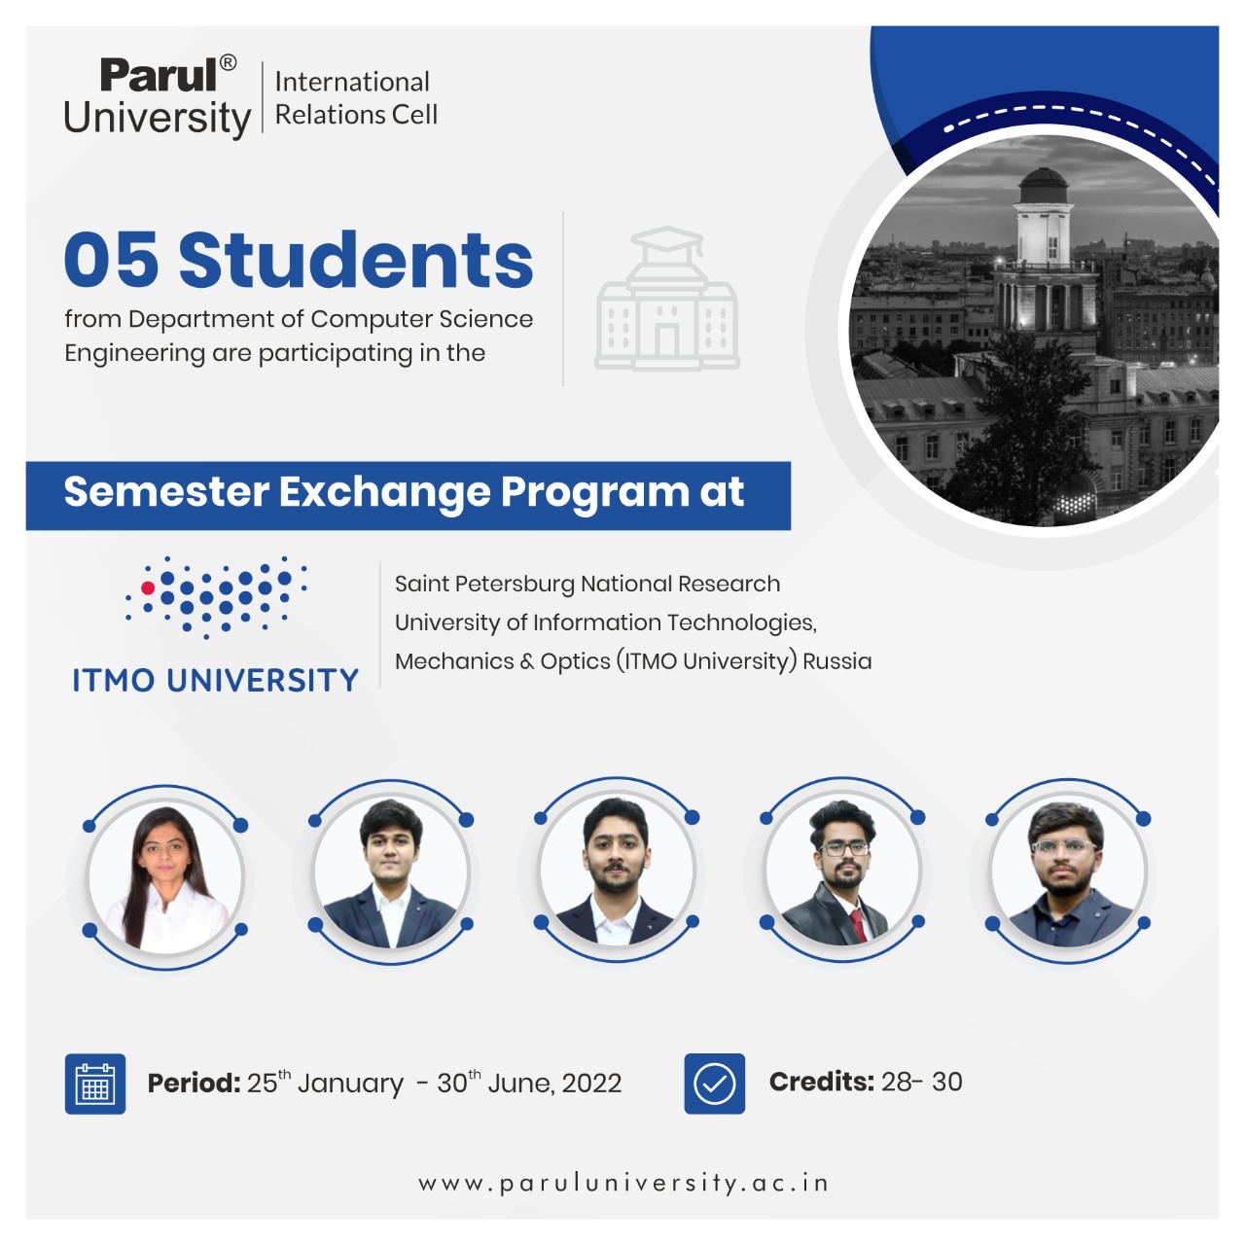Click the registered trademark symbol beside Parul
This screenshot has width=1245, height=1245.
[x=228, y=62]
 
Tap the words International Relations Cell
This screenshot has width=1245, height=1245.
[x=356, y=98]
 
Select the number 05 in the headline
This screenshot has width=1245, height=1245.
[x=111, y=260]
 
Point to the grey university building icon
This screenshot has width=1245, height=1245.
[x=667, y=299]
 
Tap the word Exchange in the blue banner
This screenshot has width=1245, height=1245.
[x=385, y=491]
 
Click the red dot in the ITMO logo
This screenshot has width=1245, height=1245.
[x=148, y=587]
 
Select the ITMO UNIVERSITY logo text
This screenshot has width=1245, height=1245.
[x=215, y=680]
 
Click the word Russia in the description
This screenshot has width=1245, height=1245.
[x=836, y=661]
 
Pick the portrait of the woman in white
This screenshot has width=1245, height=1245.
[x=166, y=877]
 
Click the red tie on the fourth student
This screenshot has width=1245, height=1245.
[x=857, y=924]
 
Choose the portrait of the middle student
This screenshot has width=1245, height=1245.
[x=617, y=870]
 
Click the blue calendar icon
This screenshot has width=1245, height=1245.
[x=95, y=1084]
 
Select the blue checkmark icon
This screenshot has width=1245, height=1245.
[x=714, y=1084]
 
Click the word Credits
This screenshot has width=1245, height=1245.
[x=821, y=1082]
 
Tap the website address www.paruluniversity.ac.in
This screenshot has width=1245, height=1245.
[x=622, y=1183]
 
